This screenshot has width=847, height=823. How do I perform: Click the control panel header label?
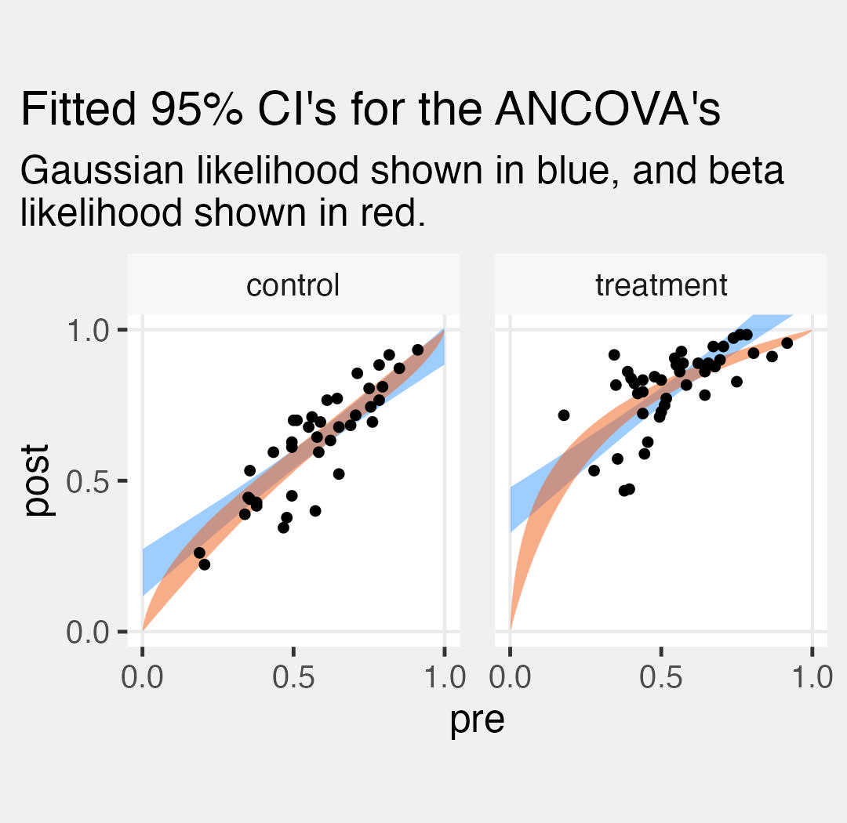(x=293, y=285)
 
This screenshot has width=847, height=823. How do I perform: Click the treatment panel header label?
(x=661, y=285)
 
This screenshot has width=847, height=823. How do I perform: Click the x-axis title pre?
(x=477, y=720)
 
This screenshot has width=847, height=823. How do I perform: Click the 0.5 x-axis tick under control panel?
(x=293, y=676)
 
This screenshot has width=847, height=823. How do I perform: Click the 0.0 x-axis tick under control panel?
(x=143, y=676)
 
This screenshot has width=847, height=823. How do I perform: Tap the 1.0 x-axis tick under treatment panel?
(x=811, y=676)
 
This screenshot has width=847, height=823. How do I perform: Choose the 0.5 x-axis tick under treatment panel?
(x=661, y=676)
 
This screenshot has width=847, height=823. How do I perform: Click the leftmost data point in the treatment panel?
(x=563, y=415)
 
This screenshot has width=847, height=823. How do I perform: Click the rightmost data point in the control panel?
(x=417, y=350)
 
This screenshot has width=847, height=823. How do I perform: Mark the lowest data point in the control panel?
(x=204, y=564)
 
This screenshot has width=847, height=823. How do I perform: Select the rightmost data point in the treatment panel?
(x=787, y=343)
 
